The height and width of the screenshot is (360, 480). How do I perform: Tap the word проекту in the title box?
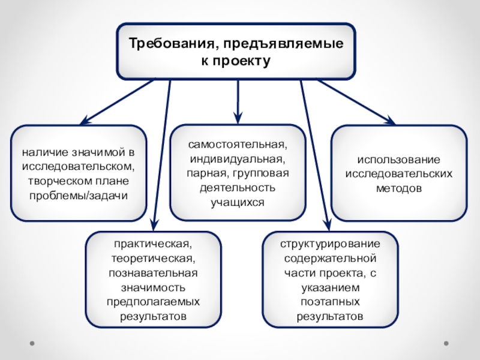[x=244, y=61]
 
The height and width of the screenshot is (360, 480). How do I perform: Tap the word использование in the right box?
[x=399, y=160]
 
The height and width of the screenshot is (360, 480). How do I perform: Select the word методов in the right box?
[x=399, y=188]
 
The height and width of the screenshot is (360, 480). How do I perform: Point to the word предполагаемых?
[x=154, y=301]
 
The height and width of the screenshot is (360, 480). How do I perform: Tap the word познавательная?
[x=154, y=273]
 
